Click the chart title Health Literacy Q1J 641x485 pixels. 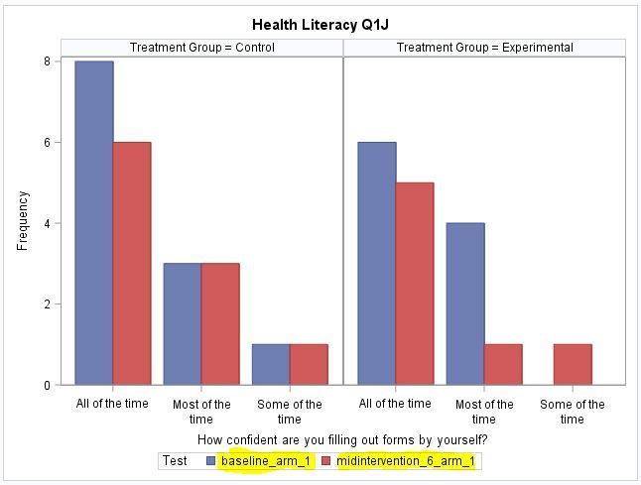320,24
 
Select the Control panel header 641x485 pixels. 202,48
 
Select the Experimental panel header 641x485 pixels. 484,48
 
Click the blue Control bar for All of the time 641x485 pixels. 94,223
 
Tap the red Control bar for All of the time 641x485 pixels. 132,263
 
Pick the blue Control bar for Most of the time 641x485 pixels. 183,323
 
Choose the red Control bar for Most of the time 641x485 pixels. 220,323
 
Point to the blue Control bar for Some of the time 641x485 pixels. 271,364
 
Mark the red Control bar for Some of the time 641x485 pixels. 309,364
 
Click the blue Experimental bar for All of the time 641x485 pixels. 377,263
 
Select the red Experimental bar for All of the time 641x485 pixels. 415,283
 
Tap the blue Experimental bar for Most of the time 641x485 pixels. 465,303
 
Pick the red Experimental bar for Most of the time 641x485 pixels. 503,364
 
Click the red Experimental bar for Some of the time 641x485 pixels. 573,364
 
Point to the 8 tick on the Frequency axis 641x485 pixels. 47,61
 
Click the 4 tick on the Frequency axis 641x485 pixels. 47,223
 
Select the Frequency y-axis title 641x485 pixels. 23,220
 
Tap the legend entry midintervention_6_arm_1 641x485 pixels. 406,461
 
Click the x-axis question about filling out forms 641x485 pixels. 342,439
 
